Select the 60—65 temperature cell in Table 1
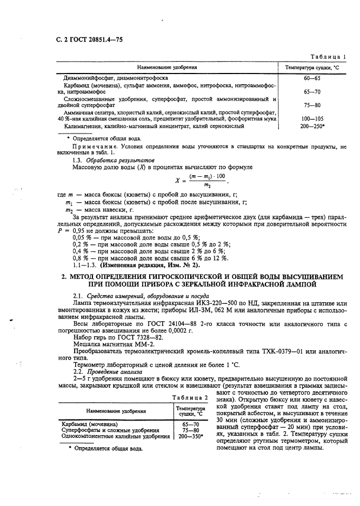coord(311,78)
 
